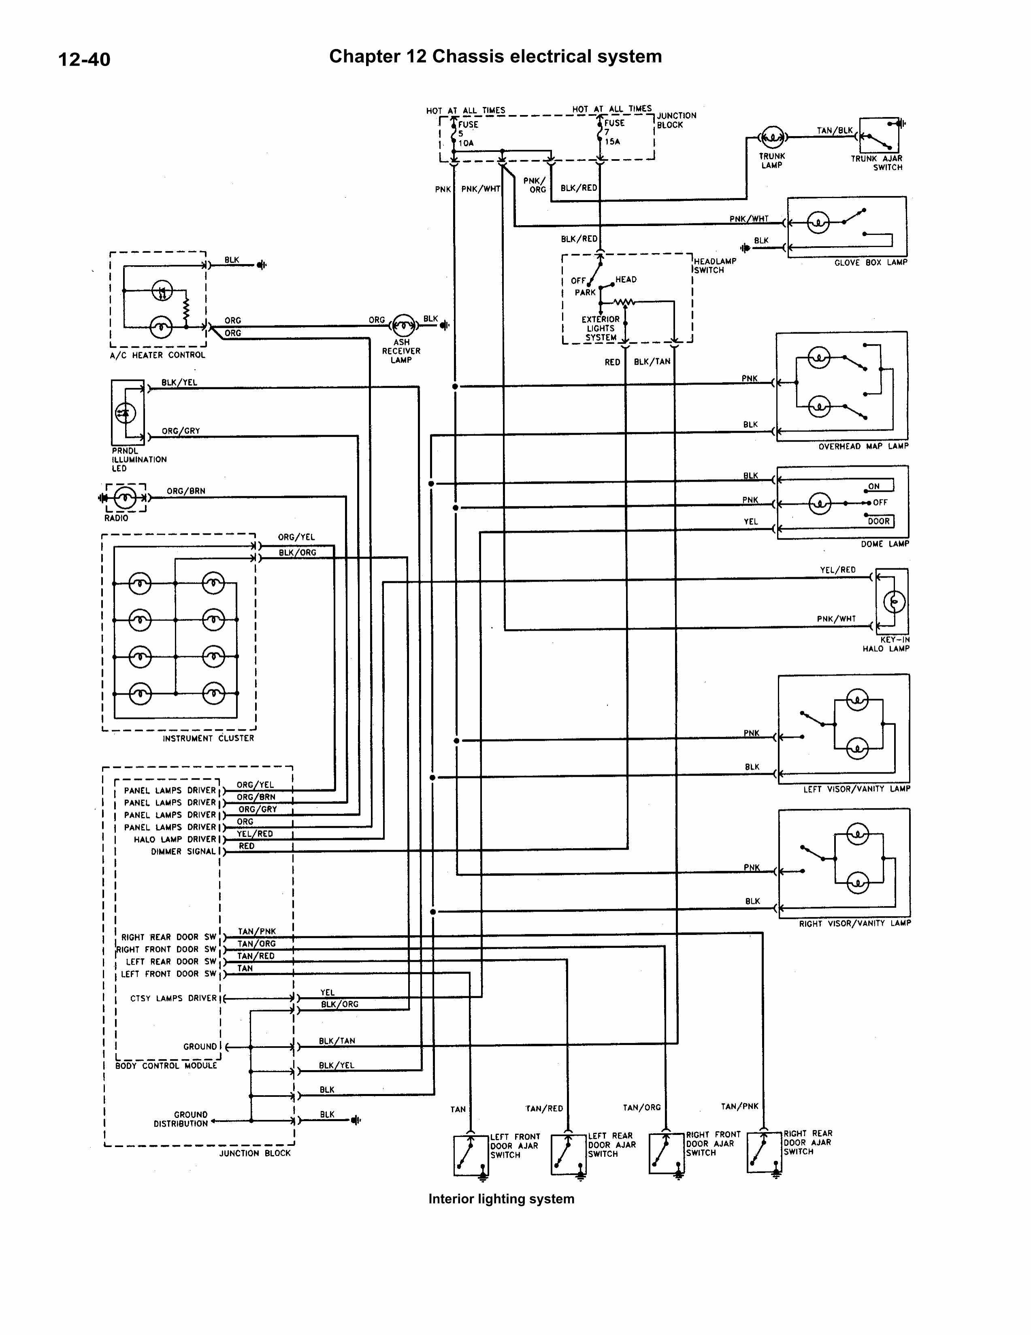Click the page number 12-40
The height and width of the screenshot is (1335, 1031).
pos(84,59)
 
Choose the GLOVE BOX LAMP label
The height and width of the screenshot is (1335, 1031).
pos(870,262)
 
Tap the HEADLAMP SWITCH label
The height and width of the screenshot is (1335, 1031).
pos(714,265)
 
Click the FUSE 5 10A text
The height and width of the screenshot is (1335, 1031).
pos(468,133)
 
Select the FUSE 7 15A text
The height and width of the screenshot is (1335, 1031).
pos(613,132)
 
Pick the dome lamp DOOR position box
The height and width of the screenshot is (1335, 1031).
pos(879,521)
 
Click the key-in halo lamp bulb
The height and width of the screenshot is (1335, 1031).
pos(893,602)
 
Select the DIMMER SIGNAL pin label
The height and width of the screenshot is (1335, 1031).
pos(183,851)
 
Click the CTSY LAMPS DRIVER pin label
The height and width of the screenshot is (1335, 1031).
pos(174,998)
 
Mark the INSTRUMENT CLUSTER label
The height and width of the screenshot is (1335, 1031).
pos(208,738)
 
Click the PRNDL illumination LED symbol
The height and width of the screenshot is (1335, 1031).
pos(125,413)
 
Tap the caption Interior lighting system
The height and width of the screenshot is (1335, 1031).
pos(501,1199)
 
